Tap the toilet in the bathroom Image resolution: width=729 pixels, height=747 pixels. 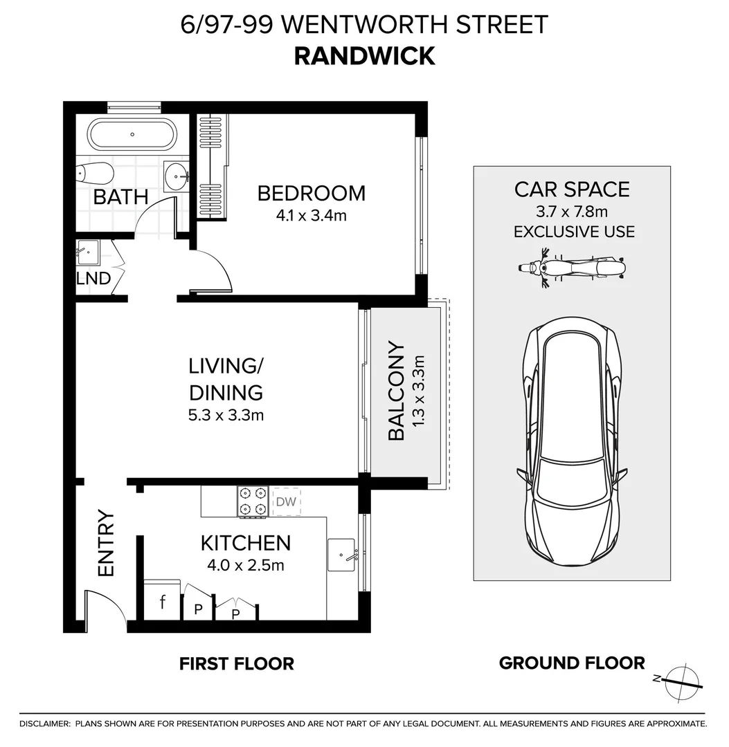pos(94,173)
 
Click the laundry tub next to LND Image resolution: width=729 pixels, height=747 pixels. pos(88,252)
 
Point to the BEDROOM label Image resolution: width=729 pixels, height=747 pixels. pos(311,193)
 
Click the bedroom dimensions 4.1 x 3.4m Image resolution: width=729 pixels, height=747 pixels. pos(311,215)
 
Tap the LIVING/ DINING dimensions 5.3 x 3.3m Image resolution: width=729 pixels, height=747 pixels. pos(226,415)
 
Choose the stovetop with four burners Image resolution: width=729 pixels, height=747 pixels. pos(252,501)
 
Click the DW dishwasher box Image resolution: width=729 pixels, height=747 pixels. pos(286,502)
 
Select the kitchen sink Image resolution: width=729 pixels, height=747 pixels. pos(341,555)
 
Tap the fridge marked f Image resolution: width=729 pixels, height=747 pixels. pos(162,602)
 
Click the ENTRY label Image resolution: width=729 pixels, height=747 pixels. pos(105,543)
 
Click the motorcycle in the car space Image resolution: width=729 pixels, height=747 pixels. pos(572,268)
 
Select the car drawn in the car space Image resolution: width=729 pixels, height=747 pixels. pos(572,446)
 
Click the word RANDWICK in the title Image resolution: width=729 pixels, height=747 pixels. pos(364,56)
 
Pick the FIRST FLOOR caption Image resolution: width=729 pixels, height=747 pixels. pos(237,664)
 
